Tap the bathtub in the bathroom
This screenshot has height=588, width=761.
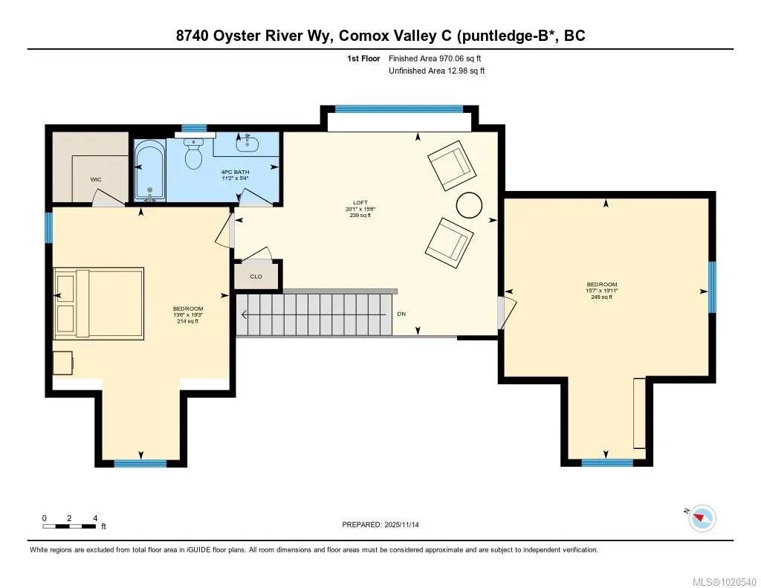pyautogui.click(x=149, y=170)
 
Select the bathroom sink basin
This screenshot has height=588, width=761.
pyautogui.click(x=247, y=142)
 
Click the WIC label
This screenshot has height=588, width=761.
pyautogui.click(x=96, y=180)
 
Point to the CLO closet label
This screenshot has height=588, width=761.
pyautogui.click(x=256, y=277)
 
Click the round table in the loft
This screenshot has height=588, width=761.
pyautogui.click(x=469, y=205)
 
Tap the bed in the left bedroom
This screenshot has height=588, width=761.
pyautogui.click(x=99, y=303)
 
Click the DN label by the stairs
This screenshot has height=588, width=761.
pyautogui.click(x=401, y=314)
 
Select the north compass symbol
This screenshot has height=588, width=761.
pyautogui.click(x=702, y=517)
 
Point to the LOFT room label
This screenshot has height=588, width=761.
pyautogui.click(x=360, y=203)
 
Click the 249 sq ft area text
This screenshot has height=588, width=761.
pyautogui.click(x=602, y=297)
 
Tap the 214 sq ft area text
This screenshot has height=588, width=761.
pyautogui.click(x=188, y=321)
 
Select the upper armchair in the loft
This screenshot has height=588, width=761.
pyautogui.click(x=451, y=166)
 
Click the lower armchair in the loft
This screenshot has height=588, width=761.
pyautogui.click(x=449, y=243)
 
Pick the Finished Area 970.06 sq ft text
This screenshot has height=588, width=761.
pyautogui.click(x=435, y=58)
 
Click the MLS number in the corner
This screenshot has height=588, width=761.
pyautogui.click(x=724, y=582)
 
